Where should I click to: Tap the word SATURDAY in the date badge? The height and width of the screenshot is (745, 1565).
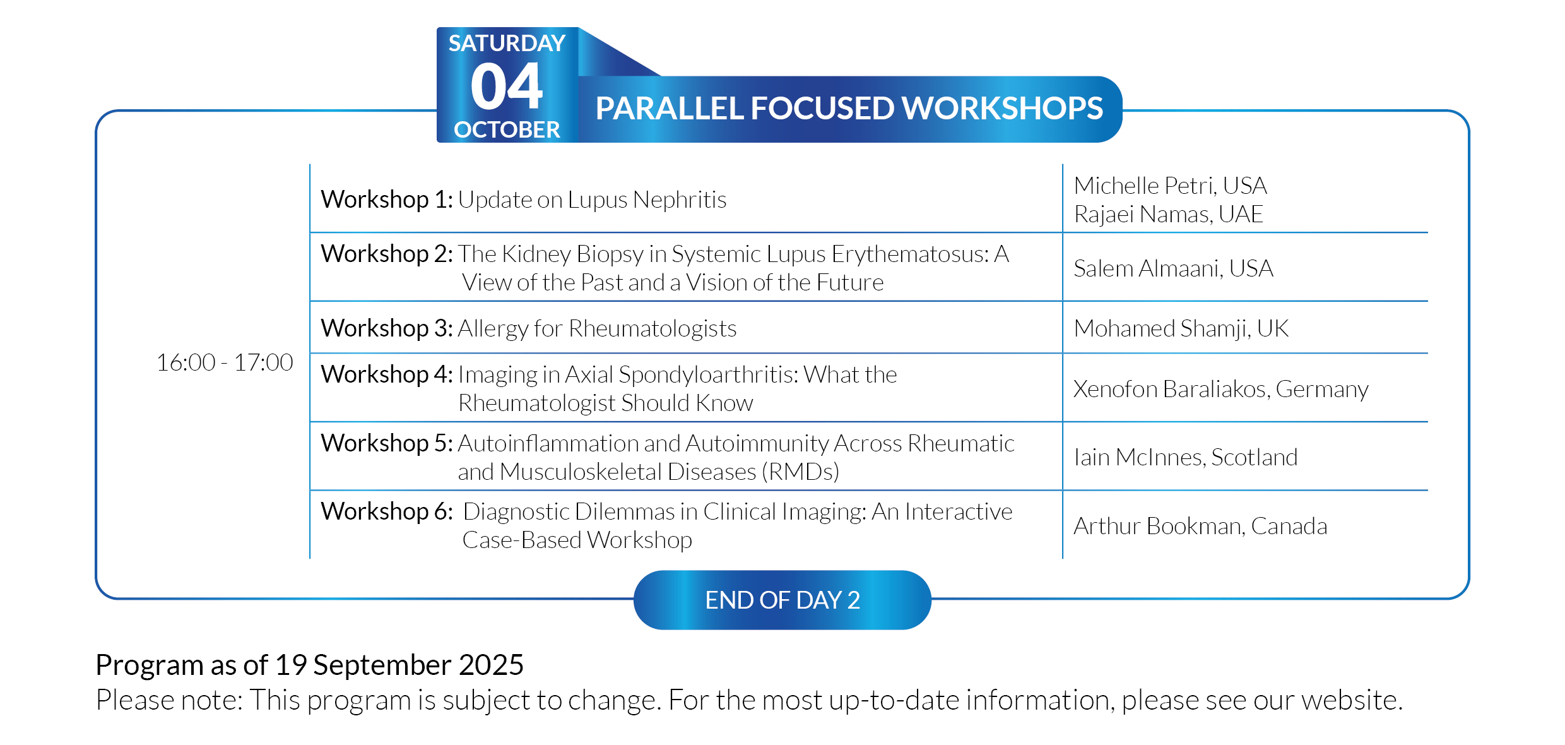click(507, 43)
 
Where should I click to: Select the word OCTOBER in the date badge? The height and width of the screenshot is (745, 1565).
click(507, 129)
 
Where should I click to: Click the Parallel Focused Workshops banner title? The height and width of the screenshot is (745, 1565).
click(849, 108)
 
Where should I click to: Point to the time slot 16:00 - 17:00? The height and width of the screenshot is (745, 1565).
click(225, 362)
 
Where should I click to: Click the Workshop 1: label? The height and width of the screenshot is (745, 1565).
click(387, 200)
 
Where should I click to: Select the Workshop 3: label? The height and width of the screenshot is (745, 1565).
click(387, 328)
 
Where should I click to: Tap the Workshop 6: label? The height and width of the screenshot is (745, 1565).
click(387, 511)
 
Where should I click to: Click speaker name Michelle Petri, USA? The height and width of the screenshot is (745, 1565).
click(1170, 186)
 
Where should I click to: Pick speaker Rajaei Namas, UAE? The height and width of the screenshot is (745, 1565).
click(1168, 214)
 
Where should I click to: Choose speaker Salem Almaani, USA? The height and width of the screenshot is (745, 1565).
click(1173, 268)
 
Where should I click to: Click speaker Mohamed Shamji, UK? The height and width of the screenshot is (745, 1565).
click(1181, 328)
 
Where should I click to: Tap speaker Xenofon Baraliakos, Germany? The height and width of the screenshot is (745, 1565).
click(1221, 389)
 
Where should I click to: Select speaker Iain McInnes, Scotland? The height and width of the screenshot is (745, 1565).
click(1185, 457)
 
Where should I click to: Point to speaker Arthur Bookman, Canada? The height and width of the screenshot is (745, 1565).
click(1200, 526)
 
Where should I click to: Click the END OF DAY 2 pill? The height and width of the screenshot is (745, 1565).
click(783, 600)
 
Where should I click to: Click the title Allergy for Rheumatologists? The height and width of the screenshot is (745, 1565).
click(597, 328)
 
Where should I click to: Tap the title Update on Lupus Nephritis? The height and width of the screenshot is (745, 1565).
click(592, 200)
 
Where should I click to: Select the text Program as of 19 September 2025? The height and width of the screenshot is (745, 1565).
click(309, 665)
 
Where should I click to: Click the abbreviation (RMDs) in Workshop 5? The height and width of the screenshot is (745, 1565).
click(800, 472)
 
